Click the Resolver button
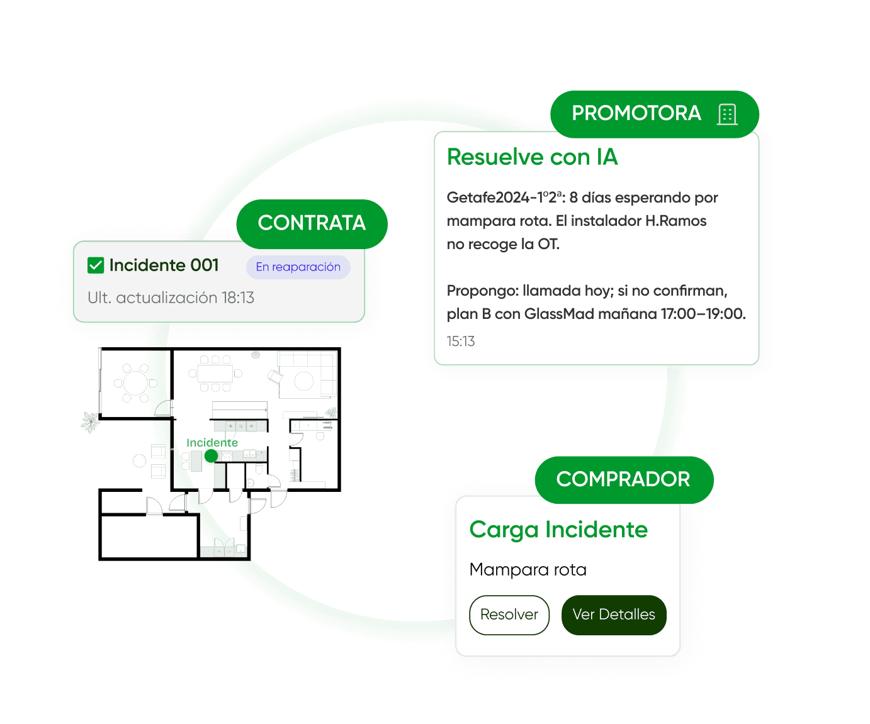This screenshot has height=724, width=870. (x=509, y=615)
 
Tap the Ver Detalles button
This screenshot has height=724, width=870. (x=614, y=615)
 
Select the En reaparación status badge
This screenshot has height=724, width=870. (x=298, y=267)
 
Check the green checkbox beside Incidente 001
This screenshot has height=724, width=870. (x=96, y=265)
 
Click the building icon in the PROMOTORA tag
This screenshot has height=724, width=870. (x=727, y=114)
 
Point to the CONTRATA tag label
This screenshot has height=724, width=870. (x=312, y=223)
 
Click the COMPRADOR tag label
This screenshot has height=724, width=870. (x=623, y=479)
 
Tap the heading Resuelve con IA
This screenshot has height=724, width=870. (x=532, y=157)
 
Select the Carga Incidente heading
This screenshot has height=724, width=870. (x=558, y=530)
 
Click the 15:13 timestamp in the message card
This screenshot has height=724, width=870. (x=461, y=342)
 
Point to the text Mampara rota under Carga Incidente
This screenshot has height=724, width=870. (x=528, y=570)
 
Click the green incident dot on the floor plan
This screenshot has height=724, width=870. (x=211, y=455)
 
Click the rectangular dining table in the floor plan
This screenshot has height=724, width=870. (x=215, y=374)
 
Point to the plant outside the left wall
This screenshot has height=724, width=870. (x=91, y=421)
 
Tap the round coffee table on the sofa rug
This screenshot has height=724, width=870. (x=304, y=381)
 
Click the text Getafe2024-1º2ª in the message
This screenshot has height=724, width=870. (x=505, y=198)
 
